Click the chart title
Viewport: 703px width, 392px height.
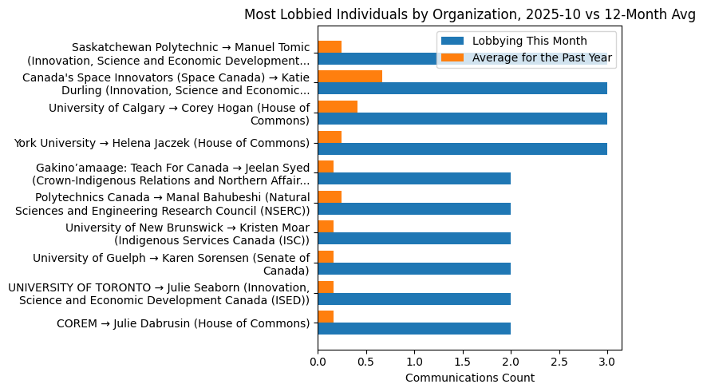click(x=469, y=14)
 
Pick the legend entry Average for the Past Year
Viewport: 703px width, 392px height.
click(x=542, y=57)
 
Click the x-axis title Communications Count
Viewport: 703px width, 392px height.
click(x=469, y=378)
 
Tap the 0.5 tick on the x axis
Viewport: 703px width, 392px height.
click(x=366, y=362)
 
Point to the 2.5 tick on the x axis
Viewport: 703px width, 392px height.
click(x=559, y=362)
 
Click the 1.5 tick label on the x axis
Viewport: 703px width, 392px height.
click(x=463, y=362)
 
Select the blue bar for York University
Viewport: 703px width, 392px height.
click(x=462, y=148)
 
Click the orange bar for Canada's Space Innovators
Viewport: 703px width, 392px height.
click(x=350, y=77)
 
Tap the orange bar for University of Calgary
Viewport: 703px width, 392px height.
click(x=338, y=106)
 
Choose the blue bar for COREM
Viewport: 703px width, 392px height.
click(x=414, y=328)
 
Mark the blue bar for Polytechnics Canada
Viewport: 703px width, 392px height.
click(x=414, y=208)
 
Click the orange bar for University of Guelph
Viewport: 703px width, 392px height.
click(x=326, y=256)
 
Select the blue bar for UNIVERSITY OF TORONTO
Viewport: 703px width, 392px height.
click(x=414, y=299)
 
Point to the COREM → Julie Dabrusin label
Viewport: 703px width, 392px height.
click(x=183, y=323)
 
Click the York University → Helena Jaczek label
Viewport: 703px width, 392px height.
click(x=161, y=143)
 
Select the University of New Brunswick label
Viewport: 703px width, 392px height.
click(x=188, y=233)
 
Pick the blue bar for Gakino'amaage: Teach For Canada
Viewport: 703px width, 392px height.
click(x=414, y=179)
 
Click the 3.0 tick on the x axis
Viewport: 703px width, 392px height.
click(x=607, y=362)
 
